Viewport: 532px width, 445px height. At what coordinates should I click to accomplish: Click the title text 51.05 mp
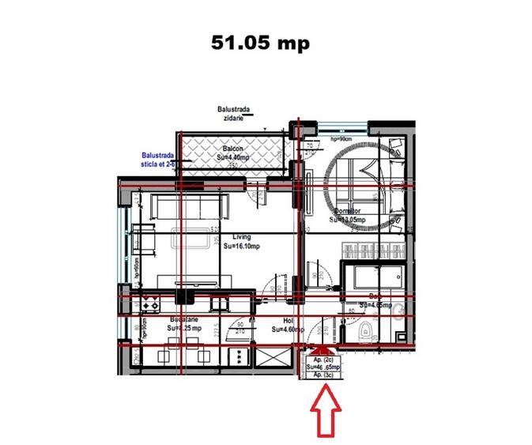coord(260,42)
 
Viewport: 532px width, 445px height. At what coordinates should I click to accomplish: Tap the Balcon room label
coord(231,149)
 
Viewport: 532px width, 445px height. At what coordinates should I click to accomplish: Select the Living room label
coord(242,236)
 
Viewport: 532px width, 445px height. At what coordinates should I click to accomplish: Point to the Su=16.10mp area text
coord(242,246)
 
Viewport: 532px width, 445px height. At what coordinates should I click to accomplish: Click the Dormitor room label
coord(347,212)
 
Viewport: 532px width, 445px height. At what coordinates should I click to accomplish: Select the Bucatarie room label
coord(184,320)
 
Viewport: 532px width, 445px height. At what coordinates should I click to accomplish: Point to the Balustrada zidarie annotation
coord(233,114)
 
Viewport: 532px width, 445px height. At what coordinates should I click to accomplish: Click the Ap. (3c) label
coord(324,375)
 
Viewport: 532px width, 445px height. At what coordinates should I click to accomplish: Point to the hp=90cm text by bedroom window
coord(342,138)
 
